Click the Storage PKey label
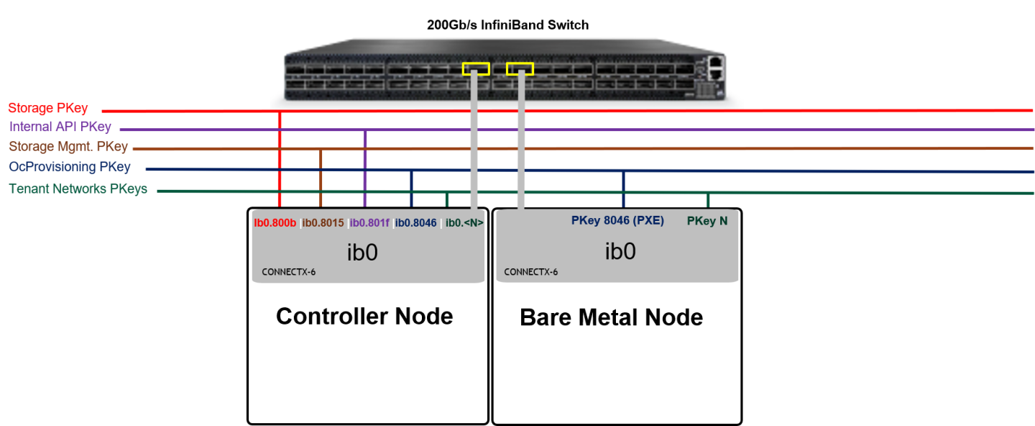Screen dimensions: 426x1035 coord(47,109)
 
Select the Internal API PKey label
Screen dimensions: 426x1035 coord(60,127)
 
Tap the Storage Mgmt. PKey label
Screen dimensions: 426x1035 coord(68,147)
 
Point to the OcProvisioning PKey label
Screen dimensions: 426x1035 coord(70,167)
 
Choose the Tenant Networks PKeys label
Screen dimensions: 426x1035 coord(78,189)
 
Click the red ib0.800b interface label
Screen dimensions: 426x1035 coord(275,223)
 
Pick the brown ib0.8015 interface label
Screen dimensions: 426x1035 coord(323,223)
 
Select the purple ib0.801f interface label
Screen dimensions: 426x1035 coord(369,223)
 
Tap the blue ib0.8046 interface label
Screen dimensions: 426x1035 coord(415,223)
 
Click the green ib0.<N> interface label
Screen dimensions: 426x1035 coord(464,223)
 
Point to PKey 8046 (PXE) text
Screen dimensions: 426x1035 coord(617,221)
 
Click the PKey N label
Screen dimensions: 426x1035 coord(707,221)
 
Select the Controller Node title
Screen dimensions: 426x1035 coord(364,316)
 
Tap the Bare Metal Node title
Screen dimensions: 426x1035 coord(611,317)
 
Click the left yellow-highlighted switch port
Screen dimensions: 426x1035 coord(476,69)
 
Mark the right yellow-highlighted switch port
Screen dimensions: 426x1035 coord(520,69)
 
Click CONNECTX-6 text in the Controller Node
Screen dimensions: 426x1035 coord(288,272)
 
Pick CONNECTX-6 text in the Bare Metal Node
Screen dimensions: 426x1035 coord(530,272)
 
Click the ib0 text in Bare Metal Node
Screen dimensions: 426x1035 coord(620,252)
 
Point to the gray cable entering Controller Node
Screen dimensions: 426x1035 coord(474,144)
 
